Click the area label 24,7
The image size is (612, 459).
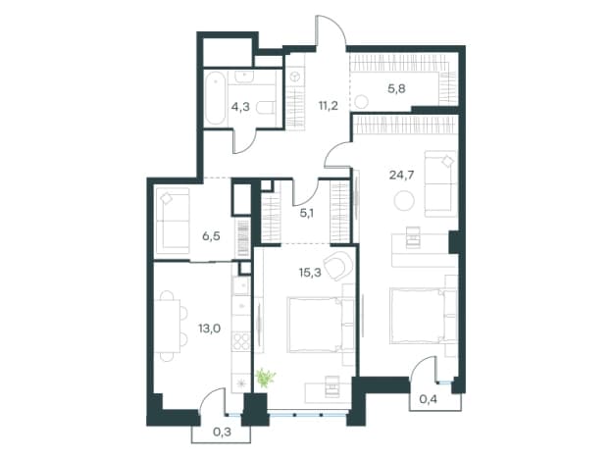402,175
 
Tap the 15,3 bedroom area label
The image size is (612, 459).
310,272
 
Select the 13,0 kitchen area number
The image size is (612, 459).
209,329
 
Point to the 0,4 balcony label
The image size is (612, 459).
429,399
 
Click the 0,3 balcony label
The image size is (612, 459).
222,432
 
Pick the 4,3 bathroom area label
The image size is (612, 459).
240,106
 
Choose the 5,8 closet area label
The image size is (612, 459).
396,88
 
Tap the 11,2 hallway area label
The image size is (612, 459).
328,105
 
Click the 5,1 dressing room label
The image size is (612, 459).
306,213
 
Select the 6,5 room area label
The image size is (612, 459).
211,235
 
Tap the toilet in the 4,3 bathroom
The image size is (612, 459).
266,107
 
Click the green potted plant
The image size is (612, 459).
266,378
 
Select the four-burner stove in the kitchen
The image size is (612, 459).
241,342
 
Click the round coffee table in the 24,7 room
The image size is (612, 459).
404,201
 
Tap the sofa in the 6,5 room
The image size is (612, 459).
173,219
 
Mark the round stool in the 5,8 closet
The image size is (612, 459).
362,102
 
